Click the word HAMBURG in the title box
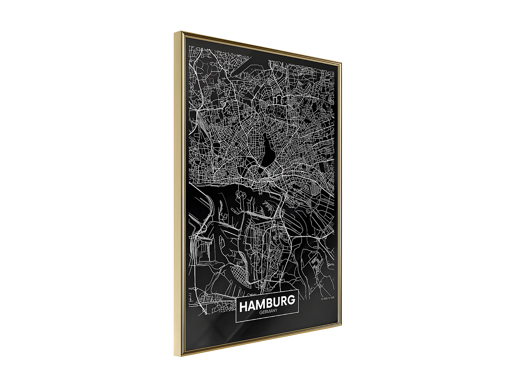click(267, 303)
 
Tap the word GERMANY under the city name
click(268, 312)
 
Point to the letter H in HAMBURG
click(244, 306)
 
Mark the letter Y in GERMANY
click(276, 311)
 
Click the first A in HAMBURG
click(251, 305)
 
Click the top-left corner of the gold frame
click(175, 32)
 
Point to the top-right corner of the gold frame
click(341, 62)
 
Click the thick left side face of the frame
click(178, 193)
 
